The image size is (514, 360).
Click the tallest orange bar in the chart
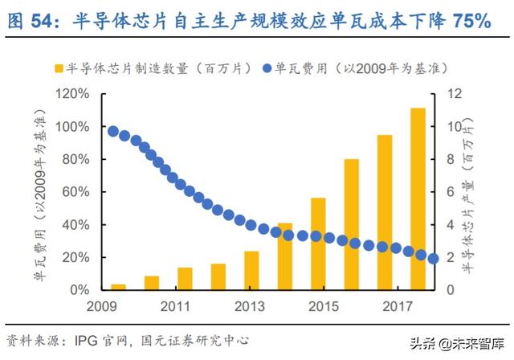tap(418, 198)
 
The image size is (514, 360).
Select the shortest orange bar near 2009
tap(118, 286)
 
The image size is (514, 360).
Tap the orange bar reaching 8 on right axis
tap(351, 224)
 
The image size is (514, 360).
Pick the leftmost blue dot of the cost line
tap(113, 132)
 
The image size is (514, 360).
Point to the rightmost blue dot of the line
tap(433, 259)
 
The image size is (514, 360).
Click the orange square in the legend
tap(58, 66)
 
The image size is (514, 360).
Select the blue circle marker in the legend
tap(268, 66)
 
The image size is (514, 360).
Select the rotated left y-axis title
tap(39, 193)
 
